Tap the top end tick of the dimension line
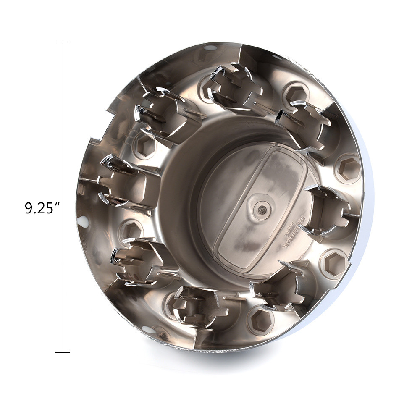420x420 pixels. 63,42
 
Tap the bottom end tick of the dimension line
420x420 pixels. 63,352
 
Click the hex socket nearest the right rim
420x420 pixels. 348,168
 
